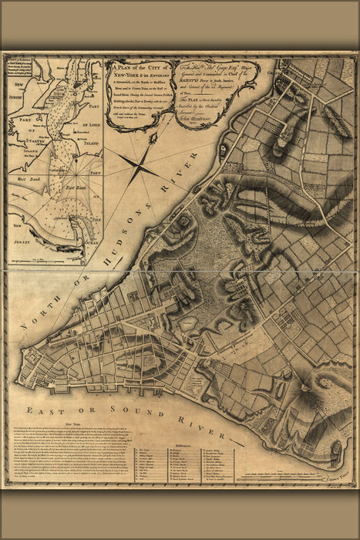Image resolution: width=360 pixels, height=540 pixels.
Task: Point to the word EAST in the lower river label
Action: (x=44, y=410)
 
